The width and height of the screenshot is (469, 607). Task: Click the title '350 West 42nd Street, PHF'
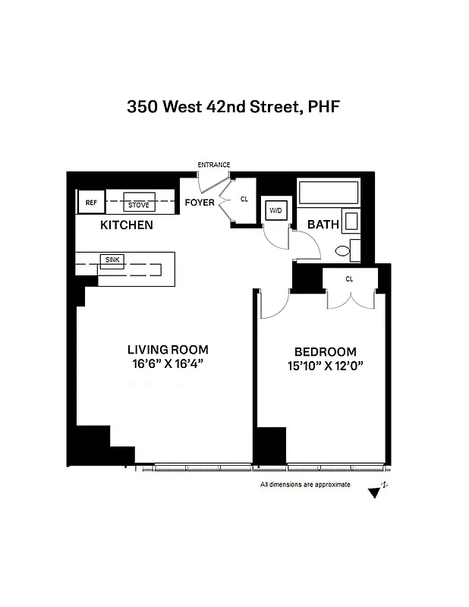pos(233,107)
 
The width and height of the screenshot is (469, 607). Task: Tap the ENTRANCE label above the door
pos(214,165)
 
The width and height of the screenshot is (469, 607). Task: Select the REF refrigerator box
pos(91,203)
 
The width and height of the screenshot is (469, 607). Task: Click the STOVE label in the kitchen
pos(138,205)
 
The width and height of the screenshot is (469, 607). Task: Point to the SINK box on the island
pos(110,259)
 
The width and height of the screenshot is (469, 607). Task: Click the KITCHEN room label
pos(127,225)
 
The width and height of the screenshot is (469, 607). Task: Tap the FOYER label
pos(200,203)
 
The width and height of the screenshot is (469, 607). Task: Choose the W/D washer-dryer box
pos(274,210)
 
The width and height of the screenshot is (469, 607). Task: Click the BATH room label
pos(323,225)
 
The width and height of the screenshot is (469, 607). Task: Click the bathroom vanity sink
pos(351,221)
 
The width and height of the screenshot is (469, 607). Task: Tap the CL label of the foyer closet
pos(244,200)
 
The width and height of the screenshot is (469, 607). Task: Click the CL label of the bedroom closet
pos(349,279)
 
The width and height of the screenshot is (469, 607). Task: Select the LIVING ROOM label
pos(167,350)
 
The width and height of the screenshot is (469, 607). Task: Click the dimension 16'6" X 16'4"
pos(167,364)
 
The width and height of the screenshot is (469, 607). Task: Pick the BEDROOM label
pos(325,351)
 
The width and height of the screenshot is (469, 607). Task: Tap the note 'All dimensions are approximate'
pos(305,484)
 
